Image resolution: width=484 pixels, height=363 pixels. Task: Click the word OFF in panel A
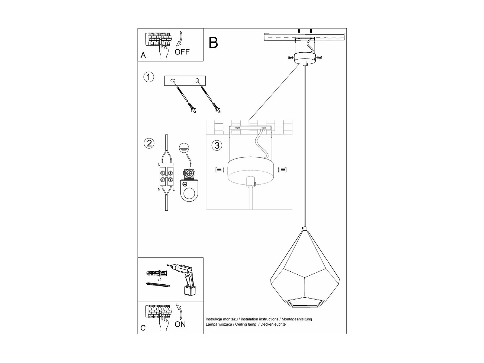[182, 52]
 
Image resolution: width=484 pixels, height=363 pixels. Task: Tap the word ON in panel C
[180, 324]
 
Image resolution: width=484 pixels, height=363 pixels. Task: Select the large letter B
[213, 43]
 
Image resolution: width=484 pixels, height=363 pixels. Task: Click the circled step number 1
[149, 77]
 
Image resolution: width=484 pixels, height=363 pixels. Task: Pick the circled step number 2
[149, 143]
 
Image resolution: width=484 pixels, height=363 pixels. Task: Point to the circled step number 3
[217, 145]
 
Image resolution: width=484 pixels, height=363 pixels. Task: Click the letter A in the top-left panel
[143, 55]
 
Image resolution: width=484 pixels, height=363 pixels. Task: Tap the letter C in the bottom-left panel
[143, 328]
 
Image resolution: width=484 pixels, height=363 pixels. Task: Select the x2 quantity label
[159, 280]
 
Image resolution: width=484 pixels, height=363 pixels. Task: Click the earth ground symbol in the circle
[184, 148]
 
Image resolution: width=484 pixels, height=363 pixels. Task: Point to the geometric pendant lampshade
[305, 271]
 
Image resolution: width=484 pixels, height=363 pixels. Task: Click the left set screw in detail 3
[219, 170]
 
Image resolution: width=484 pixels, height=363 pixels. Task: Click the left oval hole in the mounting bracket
[173, 81]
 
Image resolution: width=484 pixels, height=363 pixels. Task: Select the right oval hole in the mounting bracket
[197, 81]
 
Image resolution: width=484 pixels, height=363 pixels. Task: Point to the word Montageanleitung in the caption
[297, 319]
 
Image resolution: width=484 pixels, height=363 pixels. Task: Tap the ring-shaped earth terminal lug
[189, 193]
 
